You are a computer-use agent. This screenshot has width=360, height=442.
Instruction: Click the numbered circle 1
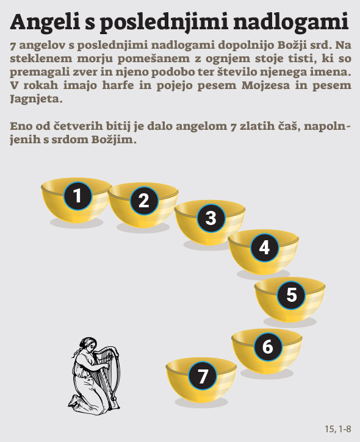tap(78, 196)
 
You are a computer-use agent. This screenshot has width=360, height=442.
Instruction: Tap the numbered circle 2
tap(144, 201)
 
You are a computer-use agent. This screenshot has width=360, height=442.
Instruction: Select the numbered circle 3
tap(211, 218)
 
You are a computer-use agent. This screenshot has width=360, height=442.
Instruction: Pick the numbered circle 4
tap(265, 248)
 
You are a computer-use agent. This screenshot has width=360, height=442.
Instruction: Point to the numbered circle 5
tap(292, 294)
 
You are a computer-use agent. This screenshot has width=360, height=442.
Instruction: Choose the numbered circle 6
tap(268, 346)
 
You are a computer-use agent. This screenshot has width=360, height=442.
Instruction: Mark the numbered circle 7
tap(203, 376)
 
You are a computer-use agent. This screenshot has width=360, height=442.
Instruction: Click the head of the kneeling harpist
tap(87, 344)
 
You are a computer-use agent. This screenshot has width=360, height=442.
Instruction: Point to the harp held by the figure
tap(107, 372)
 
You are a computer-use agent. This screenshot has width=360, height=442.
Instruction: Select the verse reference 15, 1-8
tap(338, 429)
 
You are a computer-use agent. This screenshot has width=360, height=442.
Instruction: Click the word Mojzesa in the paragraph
tap(265, 85)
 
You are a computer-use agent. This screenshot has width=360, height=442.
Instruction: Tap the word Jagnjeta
tap(36, 100)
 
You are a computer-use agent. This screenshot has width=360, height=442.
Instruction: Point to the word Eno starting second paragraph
tap(21, 126)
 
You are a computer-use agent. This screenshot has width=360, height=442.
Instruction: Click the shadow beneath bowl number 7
tap(201, 402)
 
